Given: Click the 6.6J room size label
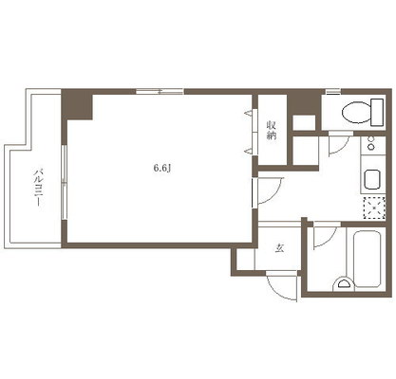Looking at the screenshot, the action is [162, 169].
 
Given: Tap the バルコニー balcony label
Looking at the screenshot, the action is [39, 188].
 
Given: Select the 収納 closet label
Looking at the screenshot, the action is [272, 130].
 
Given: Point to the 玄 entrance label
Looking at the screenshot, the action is [279, 248].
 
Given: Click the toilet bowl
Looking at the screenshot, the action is [356, 113].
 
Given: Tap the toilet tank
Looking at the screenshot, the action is [377, 112].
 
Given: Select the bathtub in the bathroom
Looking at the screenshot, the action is [367, 259].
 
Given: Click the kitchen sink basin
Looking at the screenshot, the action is [373, 179].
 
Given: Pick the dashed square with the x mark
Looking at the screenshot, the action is [374, 208].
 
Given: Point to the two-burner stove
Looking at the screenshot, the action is [372, 145].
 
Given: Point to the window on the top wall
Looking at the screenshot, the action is [160, 92].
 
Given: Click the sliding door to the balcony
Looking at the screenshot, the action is [65, 182].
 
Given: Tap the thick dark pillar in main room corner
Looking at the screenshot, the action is [77, 104].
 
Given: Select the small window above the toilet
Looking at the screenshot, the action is [333, 92].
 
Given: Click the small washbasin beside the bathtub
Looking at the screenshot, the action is [343, 282].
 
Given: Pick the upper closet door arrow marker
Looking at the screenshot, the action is [249, 113].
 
